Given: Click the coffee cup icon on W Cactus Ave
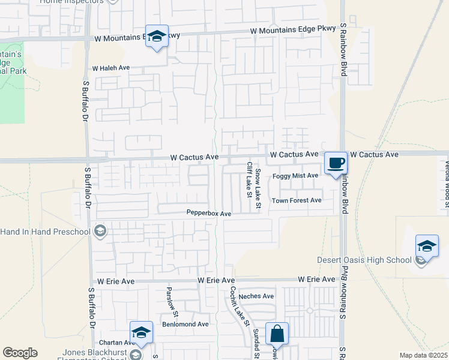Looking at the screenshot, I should tap(336, 163).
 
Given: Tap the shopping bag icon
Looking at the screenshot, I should tap(277, 333).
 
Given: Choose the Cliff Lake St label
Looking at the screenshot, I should tap(248, 179).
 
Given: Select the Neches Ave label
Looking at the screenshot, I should tap(256, 296).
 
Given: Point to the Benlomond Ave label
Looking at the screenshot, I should tap(185, 324).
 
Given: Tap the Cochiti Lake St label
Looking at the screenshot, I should tap(238, 305).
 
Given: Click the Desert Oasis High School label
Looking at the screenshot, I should tap(364, 260).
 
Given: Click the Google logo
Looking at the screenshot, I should tap(20, 353).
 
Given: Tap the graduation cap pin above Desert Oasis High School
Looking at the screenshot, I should tap(427, 247).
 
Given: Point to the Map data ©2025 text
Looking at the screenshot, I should tap(423, 355).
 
